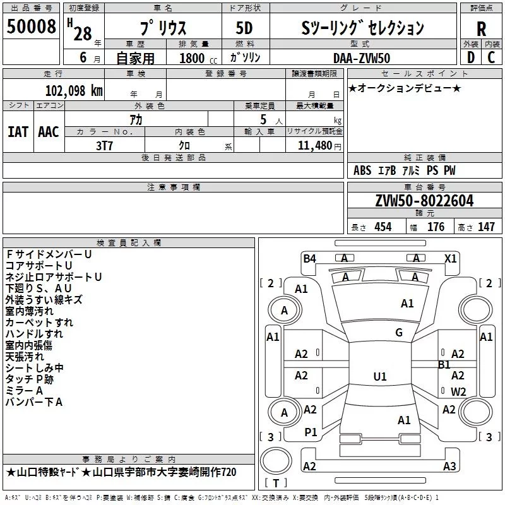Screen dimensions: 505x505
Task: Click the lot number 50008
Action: pos(32,27)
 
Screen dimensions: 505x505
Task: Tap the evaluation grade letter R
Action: pos(481,29)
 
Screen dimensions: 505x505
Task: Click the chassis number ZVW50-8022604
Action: pos(424,202)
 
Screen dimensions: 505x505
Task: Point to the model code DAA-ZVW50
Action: pos(362,57)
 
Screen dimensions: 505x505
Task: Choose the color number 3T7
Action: pos(104,145)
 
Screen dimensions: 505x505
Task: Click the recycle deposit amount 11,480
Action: pos(314,145)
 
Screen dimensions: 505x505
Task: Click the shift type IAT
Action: pos(18,131)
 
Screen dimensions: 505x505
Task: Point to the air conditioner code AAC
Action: pos(48,131)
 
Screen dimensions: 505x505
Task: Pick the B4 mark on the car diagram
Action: pos(309,258)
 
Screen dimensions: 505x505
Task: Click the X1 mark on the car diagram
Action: pos(450,258)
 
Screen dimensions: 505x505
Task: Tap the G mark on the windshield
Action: pos(398,333)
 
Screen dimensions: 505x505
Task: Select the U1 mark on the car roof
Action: pos(379,377)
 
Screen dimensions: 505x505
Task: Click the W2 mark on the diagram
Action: pos(458,392)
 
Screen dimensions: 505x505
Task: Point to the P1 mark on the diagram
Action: pos(311,432)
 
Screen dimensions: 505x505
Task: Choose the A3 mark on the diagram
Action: pos(449,466)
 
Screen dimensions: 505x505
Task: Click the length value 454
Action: pos(383,227)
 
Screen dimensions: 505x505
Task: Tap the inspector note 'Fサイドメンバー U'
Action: pos(49,254)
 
